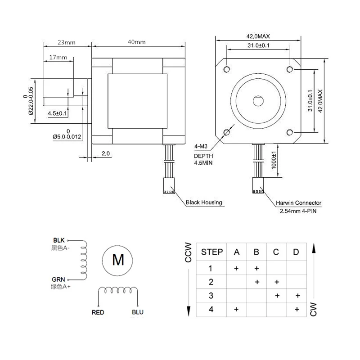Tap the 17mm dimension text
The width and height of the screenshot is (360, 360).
[x=58, y=57]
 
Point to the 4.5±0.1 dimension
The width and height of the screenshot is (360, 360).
[x=57, y=113]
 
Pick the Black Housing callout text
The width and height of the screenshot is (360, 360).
[x=204, y=202]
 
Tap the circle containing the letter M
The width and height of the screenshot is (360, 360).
[x=118, y=259]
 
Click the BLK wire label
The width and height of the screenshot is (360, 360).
[x=59, y=240]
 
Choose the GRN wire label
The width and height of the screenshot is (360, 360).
[x=59, y=279]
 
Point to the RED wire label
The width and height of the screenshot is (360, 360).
[x=98, y=312]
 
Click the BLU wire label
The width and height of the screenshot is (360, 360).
[x=138, y=312]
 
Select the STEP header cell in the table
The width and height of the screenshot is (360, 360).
[x=211, y=252]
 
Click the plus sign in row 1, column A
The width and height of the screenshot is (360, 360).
[x=236, y=268]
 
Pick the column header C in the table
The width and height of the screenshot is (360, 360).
[x=276, y=252]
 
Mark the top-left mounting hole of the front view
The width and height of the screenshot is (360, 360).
[x=227, y=69]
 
